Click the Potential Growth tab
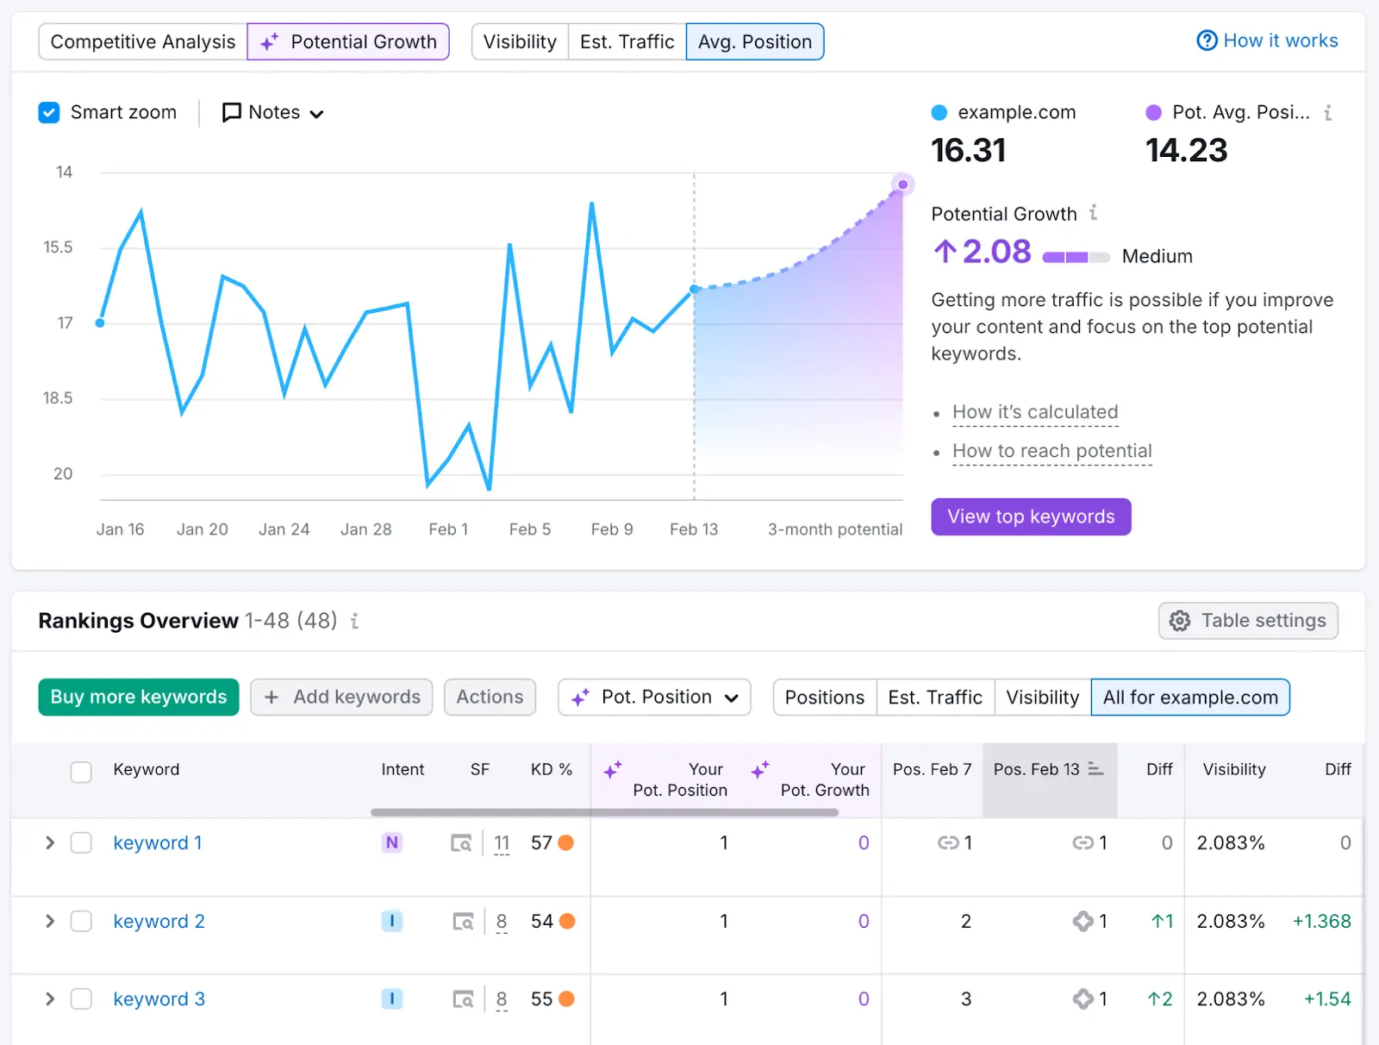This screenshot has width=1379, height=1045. coord(348,41)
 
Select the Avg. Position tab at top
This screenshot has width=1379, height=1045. coord(754,41)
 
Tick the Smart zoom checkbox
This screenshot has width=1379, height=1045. coord(49,113)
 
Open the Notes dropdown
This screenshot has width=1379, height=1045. coord(273,113)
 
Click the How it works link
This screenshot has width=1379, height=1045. coord(1267,41)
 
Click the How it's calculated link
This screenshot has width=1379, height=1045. coord(1035,412)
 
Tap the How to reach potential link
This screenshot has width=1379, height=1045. coord(1051,451)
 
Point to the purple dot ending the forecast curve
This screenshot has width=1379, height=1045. coord(902,185)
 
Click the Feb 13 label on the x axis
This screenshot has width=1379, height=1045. coord(694,529)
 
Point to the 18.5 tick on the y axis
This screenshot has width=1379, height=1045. coord(58,398)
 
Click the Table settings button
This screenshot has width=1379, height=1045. coord(1248,621)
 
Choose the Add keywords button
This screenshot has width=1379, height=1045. coord(341,697)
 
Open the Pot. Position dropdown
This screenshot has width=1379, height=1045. coord(654,697)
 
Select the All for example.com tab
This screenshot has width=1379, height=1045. coord(1190,697)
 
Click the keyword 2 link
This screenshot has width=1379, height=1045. coord(159,922)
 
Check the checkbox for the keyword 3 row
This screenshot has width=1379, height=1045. coord(81,999)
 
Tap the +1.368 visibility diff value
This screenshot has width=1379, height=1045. coord(1321,922)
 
